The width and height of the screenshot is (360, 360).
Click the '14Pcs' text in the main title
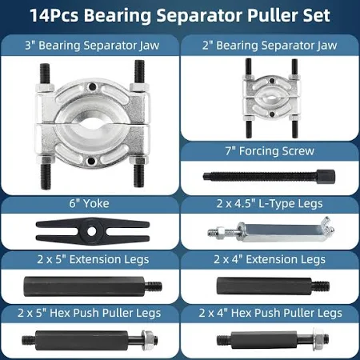point(54,15)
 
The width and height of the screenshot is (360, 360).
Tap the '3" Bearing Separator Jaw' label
point(92,46)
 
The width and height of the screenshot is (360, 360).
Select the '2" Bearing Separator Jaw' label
point(270,46)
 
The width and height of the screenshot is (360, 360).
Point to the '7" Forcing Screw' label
point(270,151)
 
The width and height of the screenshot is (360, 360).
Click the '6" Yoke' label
point(89,204)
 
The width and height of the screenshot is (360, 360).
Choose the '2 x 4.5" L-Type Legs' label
point(270,204)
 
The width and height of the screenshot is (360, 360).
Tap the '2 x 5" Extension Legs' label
point(93,259)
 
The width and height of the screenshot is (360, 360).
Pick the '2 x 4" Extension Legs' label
point(270,259)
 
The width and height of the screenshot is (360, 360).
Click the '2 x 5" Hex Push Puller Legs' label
point(90,313)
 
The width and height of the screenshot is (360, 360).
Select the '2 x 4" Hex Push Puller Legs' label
point(270,313)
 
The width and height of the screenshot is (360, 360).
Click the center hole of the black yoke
point(91,231)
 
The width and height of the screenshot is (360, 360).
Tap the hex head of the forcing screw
point(326,176)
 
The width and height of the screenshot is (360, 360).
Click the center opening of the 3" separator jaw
point(91,124)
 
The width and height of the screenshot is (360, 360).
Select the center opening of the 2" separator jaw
point(271,98)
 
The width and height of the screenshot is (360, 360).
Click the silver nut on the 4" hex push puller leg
point(318,338)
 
